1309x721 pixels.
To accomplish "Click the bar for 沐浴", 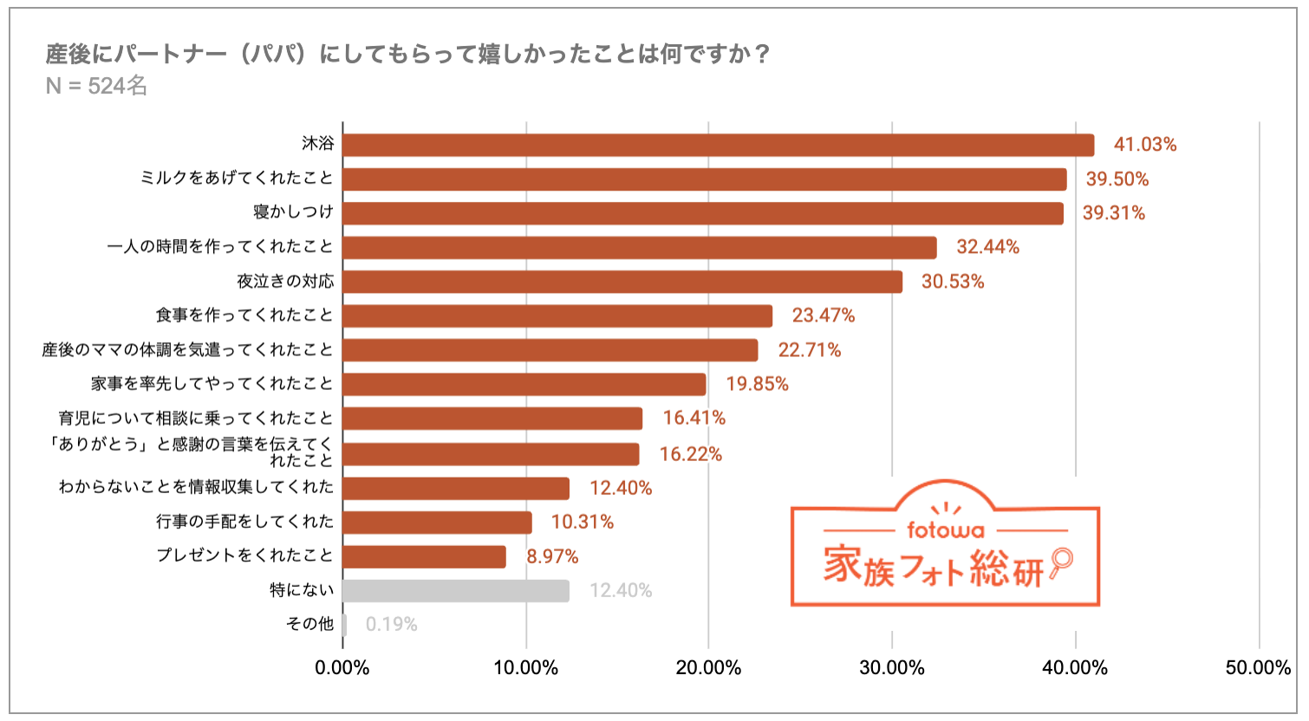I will coord(718,145).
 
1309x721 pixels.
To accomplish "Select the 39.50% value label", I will coord(1117,179).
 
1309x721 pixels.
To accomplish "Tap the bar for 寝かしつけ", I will coord(702,213).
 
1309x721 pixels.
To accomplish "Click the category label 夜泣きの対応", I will coord(285,282).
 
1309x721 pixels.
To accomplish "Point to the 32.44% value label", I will coord(987,247).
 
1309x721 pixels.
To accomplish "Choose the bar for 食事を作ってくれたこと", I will coord(557,316).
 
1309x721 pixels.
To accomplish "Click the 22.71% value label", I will coord(809,350).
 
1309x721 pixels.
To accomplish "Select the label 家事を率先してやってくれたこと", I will coord(212,384).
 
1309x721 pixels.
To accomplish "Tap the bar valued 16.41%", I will coord(492,419).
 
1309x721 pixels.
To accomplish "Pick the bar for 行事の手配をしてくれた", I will coord(437,523).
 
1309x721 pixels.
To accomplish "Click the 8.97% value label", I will coord(552,556).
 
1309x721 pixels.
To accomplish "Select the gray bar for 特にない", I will coord(455,591).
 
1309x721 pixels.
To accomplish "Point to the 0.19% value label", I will coord(391,625).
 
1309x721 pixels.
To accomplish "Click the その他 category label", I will coord(309,624).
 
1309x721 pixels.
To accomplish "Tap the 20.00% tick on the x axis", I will coord(708,668).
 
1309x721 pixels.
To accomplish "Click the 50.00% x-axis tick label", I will coord(1258,668).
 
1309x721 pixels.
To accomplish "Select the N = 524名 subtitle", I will coord(96,86).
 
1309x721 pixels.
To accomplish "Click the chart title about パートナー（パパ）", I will coord(407,54).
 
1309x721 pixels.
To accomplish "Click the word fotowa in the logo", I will coord(945,529).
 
